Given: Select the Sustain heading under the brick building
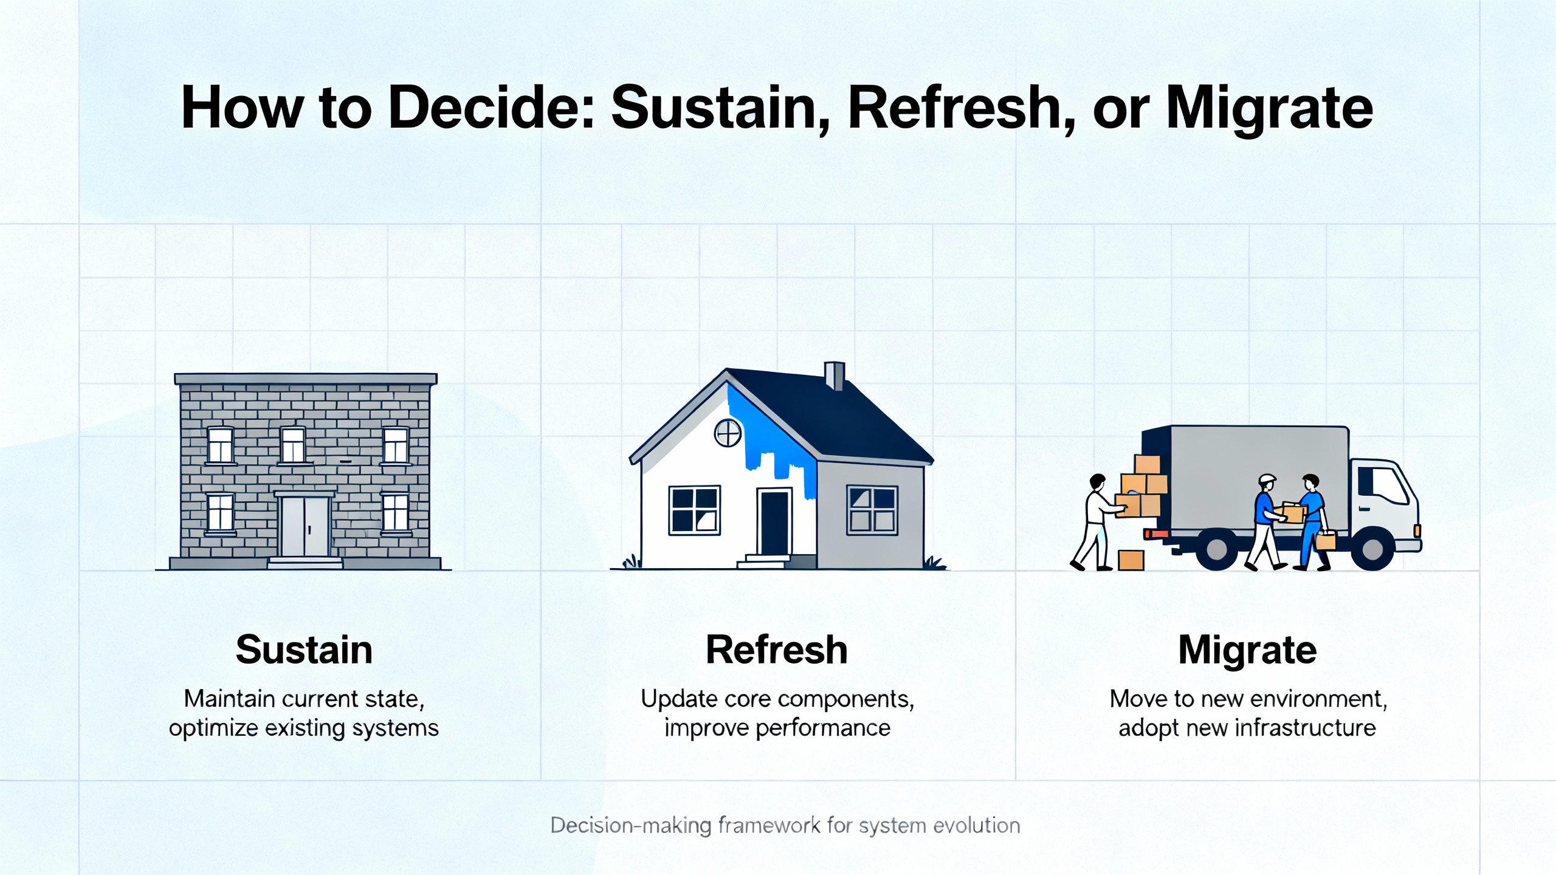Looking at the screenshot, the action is (304, 650).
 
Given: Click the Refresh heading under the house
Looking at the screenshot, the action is (777, 650).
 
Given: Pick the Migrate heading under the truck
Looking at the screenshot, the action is (1247, 651).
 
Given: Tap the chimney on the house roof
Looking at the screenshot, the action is (835, 376).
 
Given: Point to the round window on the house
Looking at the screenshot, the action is (728, 433).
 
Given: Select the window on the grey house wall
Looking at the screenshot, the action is (872, 510).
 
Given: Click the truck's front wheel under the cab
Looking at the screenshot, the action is (1372, 549).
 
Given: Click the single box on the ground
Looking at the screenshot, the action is (1131, 560).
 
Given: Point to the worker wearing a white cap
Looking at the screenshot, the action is (1266, 522).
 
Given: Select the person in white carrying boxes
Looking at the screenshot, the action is (1097, 523).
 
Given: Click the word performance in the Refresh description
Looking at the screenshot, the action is (823, 729).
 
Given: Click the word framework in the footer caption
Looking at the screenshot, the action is (769, 825).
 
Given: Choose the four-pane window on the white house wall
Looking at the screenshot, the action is (695, 510).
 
